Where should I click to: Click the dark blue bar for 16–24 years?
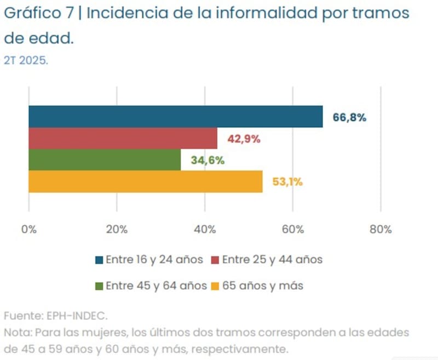pos(175,116)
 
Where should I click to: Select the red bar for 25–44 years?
pos(123,138)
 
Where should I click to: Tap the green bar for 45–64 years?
pos(105,159)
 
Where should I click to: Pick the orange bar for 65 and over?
pos(145,181)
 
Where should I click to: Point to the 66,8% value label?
pos(349,117)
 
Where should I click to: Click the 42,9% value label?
pos(244,139)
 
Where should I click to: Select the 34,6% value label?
pos(208,160)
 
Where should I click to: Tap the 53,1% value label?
pos(287,182)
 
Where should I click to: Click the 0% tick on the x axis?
pos(28,230)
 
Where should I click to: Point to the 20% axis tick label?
pos(117,230)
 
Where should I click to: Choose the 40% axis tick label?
pos(205,230)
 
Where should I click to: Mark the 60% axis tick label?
pos(293,230)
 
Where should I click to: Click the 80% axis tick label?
pos(381,230)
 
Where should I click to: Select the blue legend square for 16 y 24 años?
pos(99,260)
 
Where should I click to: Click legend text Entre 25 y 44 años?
pos(272,260)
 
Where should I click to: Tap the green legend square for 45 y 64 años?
pos(99,286)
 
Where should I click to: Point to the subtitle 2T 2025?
pos(26,60)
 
